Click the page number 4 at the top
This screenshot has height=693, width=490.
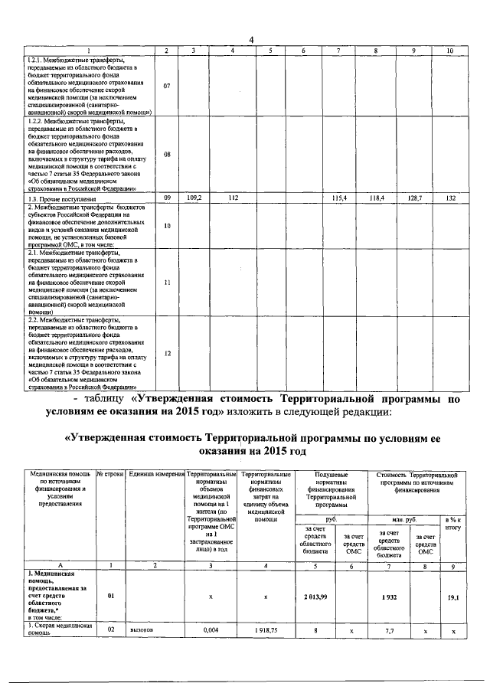[250, 41]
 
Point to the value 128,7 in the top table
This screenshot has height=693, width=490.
[414, 198]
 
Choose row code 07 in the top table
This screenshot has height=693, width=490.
[166, 86]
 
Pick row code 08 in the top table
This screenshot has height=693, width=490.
[166, 154]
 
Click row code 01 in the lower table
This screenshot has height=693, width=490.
[111, 594]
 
